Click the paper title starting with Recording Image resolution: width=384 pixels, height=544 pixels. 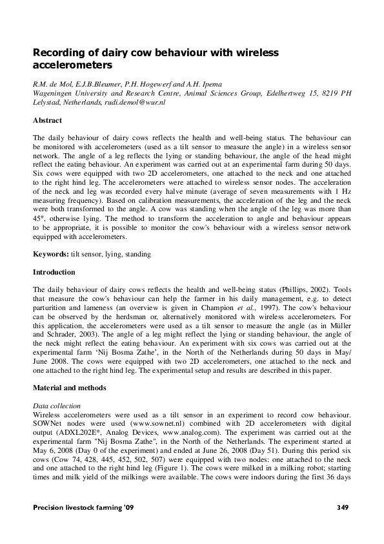coord(155,59)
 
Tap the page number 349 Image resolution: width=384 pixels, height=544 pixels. coord(343,507)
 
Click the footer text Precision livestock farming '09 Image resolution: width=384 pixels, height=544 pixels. coord(85,507)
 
